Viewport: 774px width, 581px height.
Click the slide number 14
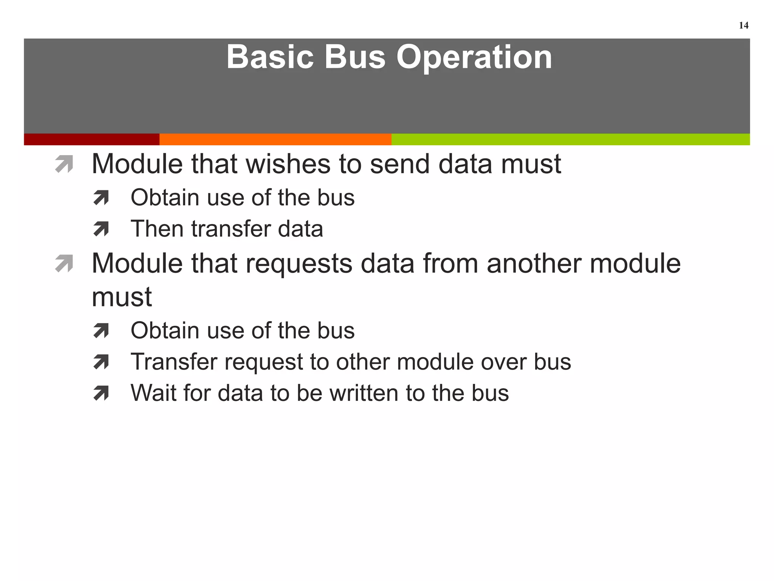(x=743, y=25)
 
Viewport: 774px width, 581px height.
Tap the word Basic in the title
(x=270, y=57)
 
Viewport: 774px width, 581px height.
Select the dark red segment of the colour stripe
(x=91, y=139)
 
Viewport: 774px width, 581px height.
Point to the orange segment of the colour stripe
(x=275, y=139)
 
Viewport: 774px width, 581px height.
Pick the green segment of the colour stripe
(x=571, y=139)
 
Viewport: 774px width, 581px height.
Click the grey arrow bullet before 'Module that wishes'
(x=64, y=165)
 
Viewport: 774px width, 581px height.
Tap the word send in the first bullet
(x=399, y=165)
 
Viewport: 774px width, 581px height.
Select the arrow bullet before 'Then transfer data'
(x=101, y=229)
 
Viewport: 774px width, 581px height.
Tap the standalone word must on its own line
(x=122, y=297)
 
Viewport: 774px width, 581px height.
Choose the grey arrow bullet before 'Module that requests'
(x=64, y=264)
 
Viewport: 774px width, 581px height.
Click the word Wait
(x=153, y=393)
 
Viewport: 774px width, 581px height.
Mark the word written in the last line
(x=364, y=393)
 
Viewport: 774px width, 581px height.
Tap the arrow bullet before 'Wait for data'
(x=101, y=393)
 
